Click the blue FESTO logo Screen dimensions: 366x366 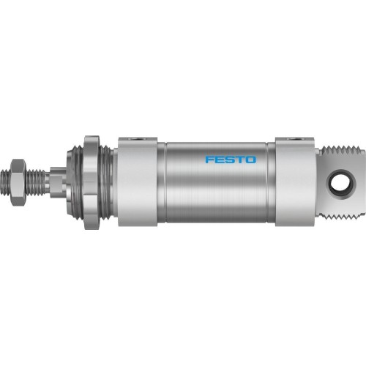pos(231,158)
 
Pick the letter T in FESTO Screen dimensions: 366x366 pos(240,158)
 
